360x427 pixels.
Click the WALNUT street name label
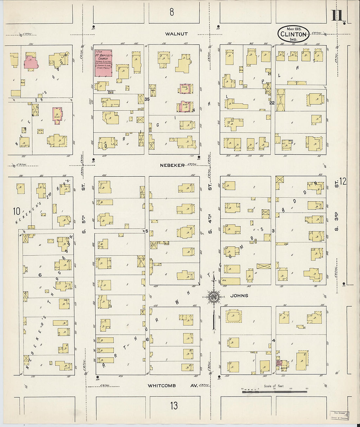[x=176, y=34]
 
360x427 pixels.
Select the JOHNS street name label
[x=239, y=295]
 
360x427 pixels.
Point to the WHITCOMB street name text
[x=162, y=386]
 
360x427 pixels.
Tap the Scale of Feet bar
[x=275, y=390]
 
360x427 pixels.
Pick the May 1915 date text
[x=294, y=29]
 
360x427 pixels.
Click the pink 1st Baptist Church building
[x=103, y=63]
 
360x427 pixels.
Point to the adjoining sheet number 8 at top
[x=171, y=12]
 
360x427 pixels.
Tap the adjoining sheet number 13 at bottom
[x=174, y=406]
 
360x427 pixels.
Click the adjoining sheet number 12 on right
[x=343, y=182]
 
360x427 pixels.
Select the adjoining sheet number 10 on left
[x=16, y=211]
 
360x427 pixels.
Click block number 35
[x=147, y=99]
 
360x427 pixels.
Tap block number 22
[x=272, y=103]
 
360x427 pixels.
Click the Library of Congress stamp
[x=339, y=415]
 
